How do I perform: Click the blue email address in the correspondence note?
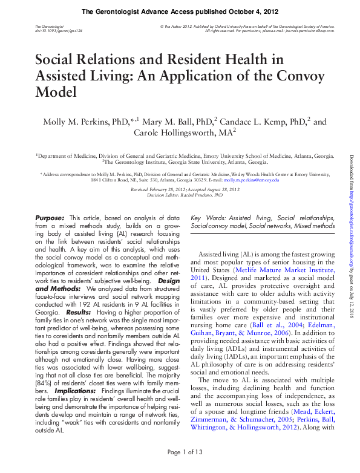[247, 180]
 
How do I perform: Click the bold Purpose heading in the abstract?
[49, 217]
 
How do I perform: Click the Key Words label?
[208, 217]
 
